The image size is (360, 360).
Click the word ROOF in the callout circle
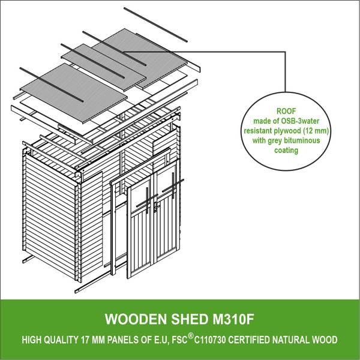point(286,111)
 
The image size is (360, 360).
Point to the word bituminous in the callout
point(302,140)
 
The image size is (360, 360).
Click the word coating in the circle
point(286,151)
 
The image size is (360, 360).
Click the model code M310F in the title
point(233,319)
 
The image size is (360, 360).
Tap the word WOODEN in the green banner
point(136,319)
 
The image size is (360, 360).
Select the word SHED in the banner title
point(190,319)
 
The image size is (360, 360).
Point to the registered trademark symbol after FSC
point(190,336)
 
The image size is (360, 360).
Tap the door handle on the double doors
point(156,206)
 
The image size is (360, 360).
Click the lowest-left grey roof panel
point(74,93)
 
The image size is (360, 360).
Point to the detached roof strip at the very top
point(155,25)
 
